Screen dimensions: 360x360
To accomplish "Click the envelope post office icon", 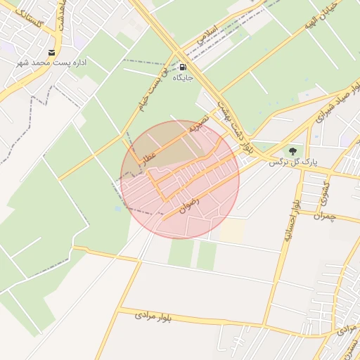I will [52, 53].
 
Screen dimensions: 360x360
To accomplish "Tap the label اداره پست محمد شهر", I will [52, 63].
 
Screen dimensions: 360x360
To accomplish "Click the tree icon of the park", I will [292, 150].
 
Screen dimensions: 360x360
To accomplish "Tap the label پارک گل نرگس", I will [292, 162].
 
